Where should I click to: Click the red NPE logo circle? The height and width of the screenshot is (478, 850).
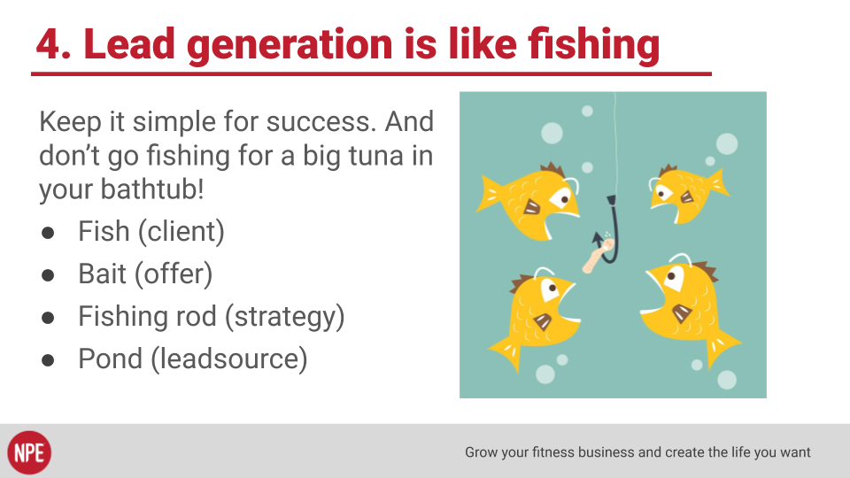point(29,452)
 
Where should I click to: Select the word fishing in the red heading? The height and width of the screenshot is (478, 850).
point(593,45)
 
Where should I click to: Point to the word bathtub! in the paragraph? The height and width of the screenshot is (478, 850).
point(151,189)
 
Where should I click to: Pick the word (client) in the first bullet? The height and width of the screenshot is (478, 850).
point(181,232)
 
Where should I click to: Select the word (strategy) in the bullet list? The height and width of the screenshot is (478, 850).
point(284,317)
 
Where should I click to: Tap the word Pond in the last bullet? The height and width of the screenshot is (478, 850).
point(111,358)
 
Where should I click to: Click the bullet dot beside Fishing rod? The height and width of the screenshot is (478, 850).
point(48,318)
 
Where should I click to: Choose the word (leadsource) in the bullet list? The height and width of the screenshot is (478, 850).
point(228,359)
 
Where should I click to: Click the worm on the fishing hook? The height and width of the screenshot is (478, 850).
point(597,255)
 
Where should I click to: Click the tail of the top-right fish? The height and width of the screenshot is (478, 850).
point(718,183)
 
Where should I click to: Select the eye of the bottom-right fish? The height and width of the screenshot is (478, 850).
point(674,276)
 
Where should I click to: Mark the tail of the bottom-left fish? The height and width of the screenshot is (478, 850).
point(506,352)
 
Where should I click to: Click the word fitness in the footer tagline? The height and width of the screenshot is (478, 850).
point(553,452)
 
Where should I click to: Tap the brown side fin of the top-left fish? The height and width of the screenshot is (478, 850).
point(531,207)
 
